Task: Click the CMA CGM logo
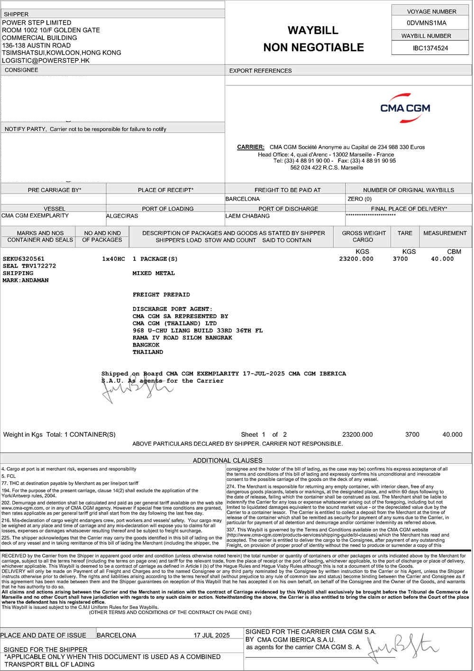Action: tap(405, 108)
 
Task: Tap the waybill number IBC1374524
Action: tap(430, 48)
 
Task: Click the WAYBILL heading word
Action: tap(313, 30)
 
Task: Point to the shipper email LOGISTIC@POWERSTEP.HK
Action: tap(46, 61)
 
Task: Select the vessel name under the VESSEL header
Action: tap(35, 216)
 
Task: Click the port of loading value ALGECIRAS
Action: tap(122, 216)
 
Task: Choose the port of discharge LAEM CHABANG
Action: tap(247, 216)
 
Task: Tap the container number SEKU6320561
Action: tap(24, 259)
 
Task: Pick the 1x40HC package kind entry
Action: tap(113, 259)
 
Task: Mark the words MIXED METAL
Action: tap(154, 273)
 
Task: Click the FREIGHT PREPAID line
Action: tap(161, 294)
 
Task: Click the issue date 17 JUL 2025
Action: tap(211, 635)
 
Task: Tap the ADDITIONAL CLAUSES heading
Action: tap(228, 460)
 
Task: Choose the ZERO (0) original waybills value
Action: tap(360, 199)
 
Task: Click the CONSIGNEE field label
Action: tap(21, 70)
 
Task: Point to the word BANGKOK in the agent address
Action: tap(146, 345)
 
